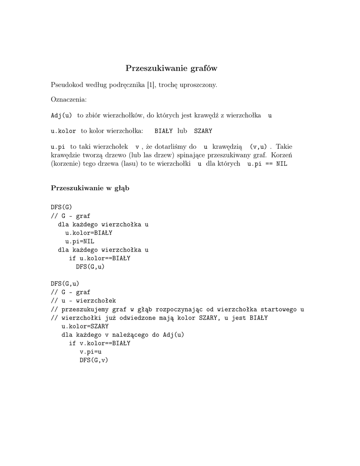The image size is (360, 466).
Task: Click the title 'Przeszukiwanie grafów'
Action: [171, 69]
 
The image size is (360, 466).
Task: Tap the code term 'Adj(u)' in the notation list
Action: [61, 116]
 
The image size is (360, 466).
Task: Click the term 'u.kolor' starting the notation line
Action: [63, 131]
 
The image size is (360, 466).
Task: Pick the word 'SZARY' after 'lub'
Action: [203, 131]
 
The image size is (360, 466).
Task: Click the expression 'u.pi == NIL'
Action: [267, 164]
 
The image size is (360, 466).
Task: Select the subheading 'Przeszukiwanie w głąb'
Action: [90, 188]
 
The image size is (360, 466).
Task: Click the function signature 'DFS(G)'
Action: [61, 207]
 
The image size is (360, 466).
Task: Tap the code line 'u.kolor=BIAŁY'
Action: [89, 233]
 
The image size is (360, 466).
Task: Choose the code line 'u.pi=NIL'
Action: [80, 241]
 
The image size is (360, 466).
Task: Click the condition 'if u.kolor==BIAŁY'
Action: [100, 258]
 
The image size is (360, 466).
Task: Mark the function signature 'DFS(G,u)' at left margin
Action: [65, 284]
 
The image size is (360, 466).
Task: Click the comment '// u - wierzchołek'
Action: [83, 301]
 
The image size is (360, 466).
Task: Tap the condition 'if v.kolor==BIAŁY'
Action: [100, 343]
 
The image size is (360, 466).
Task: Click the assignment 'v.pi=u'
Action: [91, 352]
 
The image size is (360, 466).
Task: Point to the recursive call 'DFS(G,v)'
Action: [94, 360]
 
